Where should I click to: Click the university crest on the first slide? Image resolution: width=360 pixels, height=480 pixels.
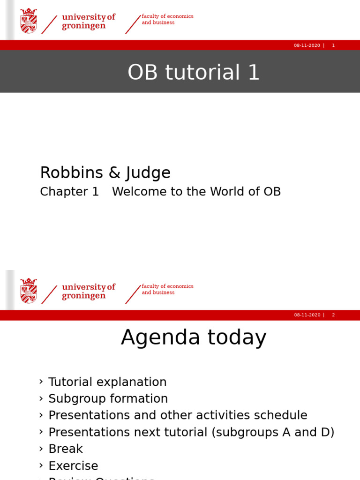29,21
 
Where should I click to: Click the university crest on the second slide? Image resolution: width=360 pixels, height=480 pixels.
29,291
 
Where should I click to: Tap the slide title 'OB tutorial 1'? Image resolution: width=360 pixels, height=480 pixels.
193,73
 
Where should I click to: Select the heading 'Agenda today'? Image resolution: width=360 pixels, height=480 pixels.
193,337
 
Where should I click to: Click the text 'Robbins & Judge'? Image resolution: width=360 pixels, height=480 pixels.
105,173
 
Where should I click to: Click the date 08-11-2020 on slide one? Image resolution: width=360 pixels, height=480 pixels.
307,45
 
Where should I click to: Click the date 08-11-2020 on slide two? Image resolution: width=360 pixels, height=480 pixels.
307,315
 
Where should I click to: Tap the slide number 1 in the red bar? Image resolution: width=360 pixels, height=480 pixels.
333,45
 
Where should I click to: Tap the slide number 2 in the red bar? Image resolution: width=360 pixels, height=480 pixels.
333,315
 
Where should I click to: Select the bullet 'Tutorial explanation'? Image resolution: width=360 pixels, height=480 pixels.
107,382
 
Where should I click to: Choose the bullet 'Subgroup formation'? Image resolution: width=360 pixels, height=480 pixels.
108,399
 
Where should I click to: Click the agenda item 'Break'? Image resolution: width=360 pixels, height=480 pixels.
66,449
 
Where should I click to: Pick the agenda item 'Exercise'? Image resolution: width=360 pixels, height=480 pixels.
73,466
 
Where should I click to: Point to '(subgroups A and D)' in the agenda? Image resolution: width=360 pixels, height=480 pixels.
273,432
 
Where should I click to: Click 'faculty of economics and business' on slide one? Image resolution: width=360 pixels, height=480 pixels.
167,19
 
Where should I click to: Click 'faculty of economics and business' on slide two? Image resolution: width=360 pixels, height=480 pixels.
167,289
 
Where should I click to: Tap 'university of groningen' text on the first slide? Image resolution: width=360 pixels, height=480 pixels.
88,22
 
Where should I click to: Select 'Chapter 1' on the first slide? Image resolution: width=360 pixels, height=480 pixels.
69,192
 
